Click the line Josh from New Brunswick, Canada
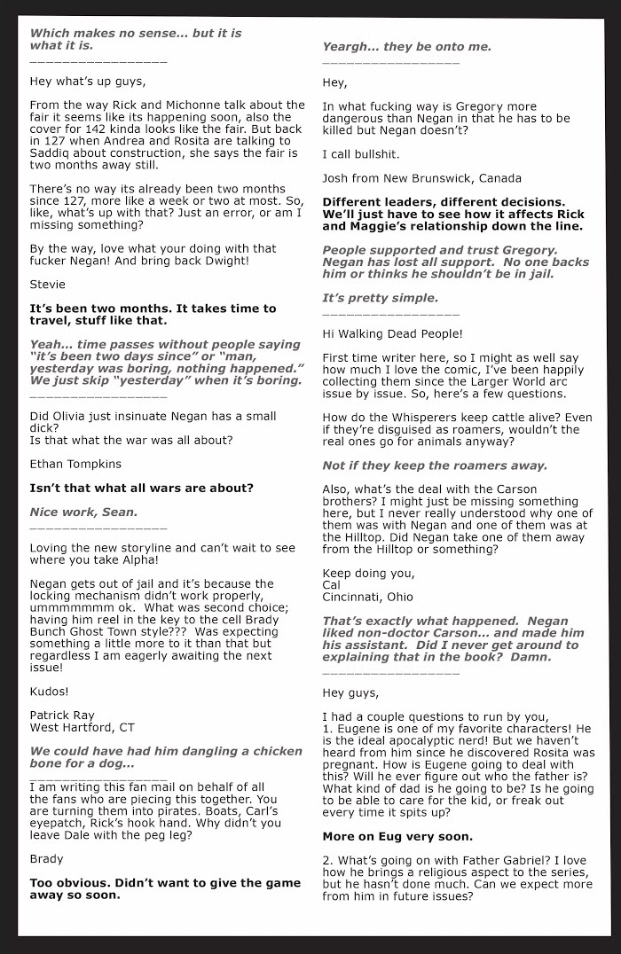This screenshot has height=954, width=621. (x=411, y=176)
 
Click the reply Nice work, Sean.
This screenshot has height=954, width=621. (x=83, y=512)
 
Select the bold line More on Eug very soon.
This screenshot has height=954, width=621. (x=397, y=835)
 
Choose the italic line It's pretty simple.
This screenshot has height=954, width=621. (x=380, y=298)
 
